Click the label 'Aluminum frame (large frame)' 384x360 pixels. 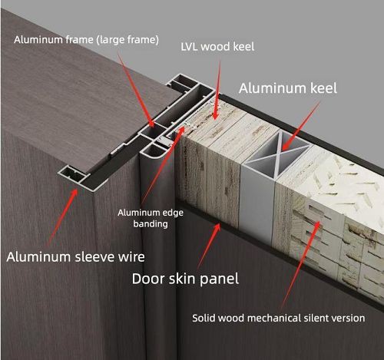pyautogui.click(x=86, y=40)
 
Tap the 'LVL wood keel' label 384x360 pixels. pyautogui.click(x=217, y=47)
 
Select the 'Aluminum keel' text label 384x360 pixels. pyautogui.click(x=288, y=88)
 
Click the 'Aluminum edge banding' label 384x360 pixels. pyautogui.click(x=151, y=218)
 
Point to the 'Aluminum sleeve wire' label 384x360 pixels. pyautogui.click(x=75, y=257)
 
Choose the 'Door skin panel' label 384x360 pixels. pyautogui.click(x=185, y=279)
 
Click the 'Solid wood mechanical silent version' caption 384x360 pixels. pyautogui.click(x=279, y=319)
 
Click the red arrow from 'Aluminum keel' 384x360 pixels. pyautogui.click(x=300, y=126)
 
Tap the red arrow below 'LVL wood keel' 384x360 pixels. pyautogui.click(x=217, y=91)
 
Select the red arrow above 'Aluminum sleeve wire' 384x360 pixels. pyautogui.click(x=62, y=217)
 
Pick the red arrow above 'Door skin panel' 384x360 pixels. pyautogui.click(x=209, y=246)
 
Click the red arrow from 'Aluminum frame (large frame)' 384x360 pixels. pyautogui.click(x=136, y=88)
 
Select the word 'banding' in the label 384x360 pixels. pyautogui.click(x=151, y=224)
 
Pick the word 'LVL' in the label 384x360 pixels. pyautogui.click(x=189, y=47)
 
